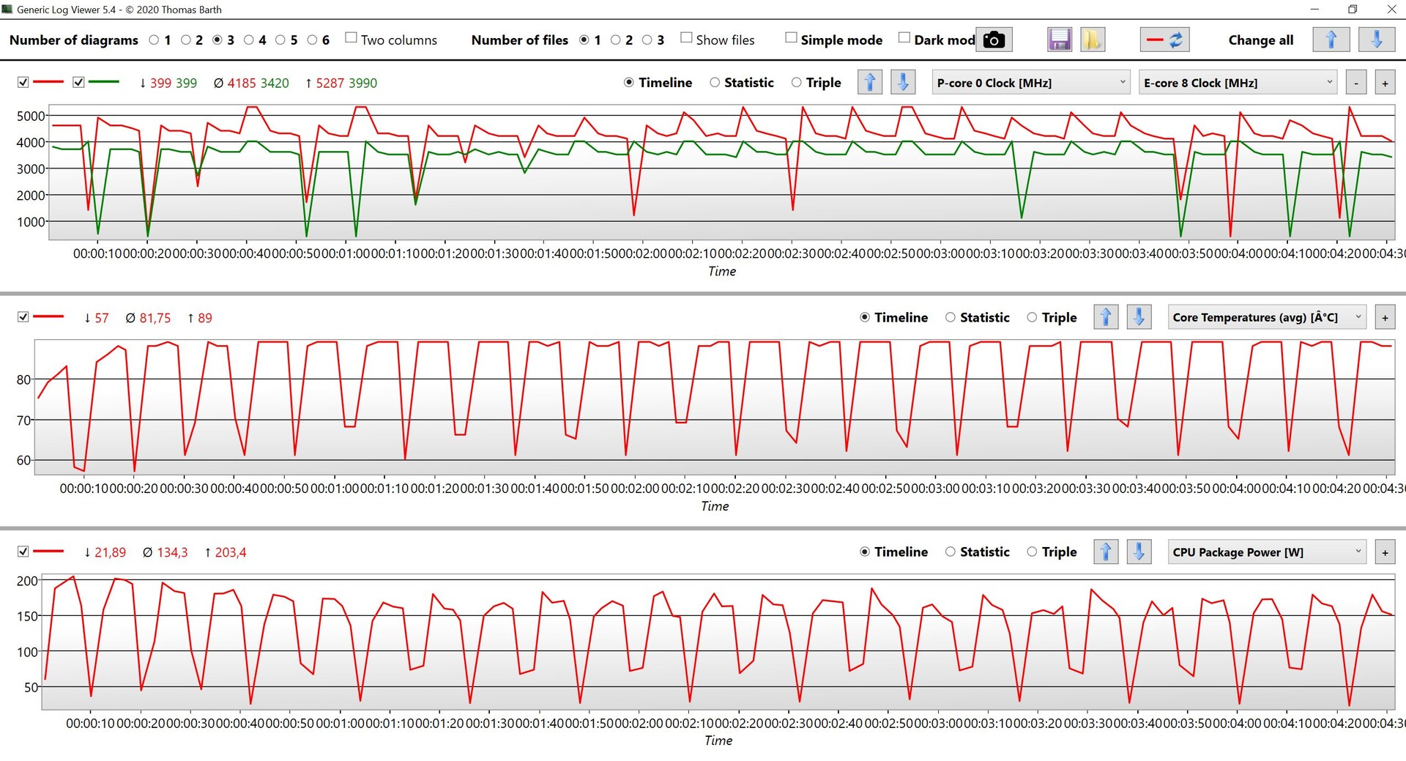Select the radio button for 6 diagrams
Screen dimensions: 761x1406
[x=313, y=40]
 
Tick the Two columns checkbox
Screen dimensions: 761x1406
[x=351, y=38]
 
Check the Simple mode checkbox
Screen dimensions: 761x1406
[x=791, y=38]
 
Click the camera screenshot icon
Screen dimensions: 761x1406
[x=994, y=40]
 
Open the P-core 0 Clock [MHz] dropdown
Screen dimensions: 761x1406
[x=1031, y=83]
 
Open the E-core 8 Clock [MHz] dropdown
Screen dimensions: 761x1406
[x=1238, y=83]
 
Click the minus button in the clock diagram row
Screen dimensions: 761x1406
[x=1356, y=83]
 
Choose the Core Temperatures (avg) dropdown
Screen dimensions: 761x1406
[x=1266, y=317]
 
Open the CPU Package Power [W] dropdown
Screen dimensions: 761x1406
[x=1266, y=552]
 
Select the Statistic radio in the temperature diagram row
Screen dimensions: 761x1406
[x=951, y=318]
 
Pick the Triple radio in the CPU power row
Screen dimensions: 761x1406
[x=1032, y=552]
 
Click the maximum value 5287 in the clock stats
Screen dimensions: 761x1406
[x=330, y=83]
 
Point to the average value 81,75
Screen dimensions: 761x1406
[x=155, y=319]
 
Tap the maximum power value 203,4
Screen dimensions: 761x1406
[x=230, y=553]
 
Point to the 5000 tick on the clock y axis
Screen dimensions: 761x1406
[x=30, y=116]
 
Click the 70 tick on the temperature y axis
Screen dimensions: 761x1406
[x=23, y=420]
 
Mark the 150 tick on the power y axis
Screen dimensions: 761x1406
[x=27, y=616]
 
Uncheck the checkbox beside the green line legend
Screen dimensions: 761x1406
[x=79, y=83]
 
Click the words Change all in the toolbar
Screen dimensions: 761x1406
[x=1260, y=40]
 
